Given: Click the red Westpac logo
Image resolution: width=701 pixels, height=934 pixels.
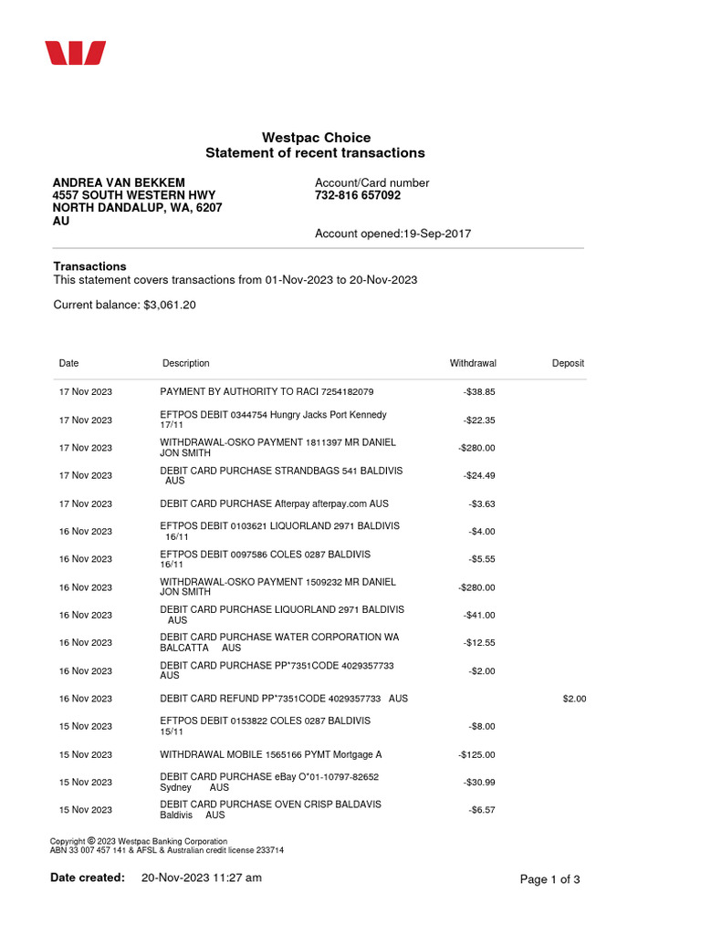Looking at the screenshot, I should coord(77,53).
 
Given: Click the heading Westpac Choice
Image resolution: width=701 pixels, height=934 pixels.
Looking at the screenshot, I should coord(316,138).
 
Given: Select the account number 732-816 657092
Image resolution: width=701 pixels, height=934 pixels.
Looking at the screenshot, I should coord(358,195).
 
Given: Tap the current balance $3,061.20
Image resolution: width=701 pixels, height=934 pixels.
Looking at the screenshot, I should coord(170,305).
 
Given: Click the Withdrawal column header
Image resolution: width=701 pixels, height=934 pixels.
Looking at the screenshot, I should coord(473,363).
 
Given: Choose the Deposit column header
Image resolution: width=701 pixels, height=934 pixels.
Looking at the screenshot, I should coord(568,363).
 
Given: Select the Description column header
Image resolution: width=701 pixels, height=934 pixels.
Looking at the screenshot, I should coord(185,363).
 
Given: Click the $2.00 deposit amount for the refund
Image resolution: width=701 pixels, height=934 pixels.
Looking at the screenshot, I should coord(574,699).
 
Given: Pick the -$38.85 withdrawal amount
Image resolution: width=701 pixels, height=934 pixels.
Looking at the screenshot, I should coord(479,392).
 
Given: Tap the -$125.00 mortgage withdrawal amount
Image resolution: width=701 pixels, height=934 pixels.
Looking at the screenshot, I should coord(476,755).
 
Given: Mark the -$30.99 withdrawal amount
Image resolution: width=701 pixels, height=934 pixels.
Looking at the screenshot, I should coord(479,783).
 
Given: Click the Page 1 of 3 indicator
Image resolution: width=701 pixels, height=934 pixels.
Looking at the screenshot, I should coord(549,879).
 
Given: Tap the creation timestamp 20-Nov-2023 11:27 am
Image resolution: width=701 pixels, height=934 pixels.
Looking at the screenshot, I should coord(202,877).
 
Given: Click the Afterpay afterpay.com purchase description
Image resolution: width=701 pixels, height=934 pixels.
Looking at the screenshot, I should coord(274,503).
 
